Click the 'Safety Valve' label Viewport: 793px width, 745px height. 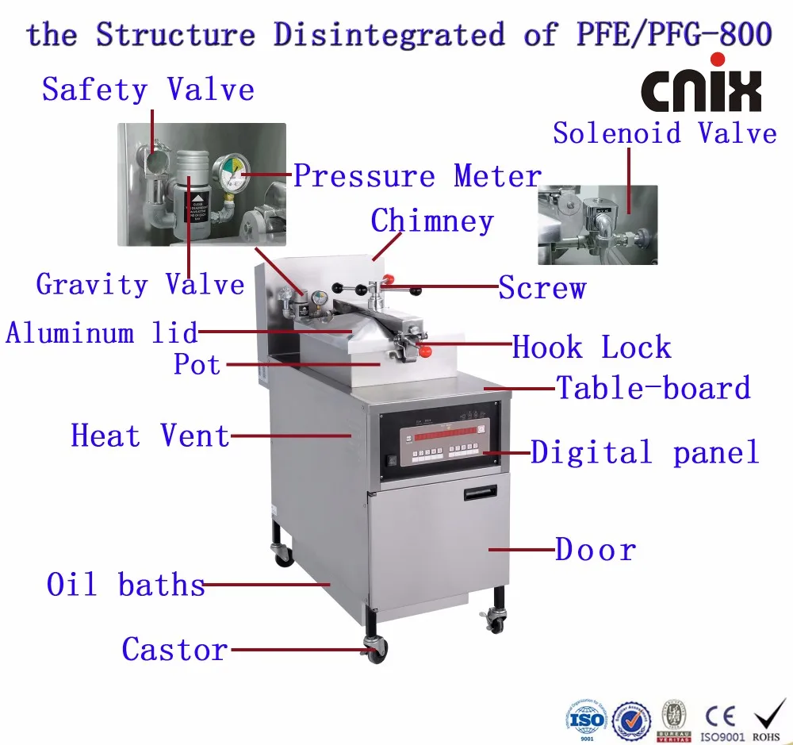tap(148, 89)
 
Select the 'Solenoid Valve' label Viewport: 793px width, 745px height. tap(665, 132)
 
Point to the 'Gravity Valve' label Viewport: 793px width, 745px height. tap(140, 283)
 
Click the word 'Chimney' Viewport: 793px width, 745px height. tap(432, 221)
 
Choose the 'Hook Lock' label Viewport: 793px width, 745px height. tap(592, 348)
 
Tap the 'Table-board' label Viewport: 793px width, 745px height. tap(653, 388)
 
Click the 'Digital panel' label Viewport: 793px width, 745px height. tap(645, 452)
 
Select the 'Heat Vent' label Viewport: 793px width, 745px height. tap(150, 436)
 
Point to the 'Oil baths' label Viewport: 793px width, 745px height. tap(126, 585)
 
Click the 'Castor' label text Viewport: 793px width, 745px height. tap(174, 650)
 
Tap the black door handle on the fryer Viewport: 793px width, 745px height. tap(480, 493)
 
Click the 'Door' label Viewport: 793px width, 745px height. tap(596, 550)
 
